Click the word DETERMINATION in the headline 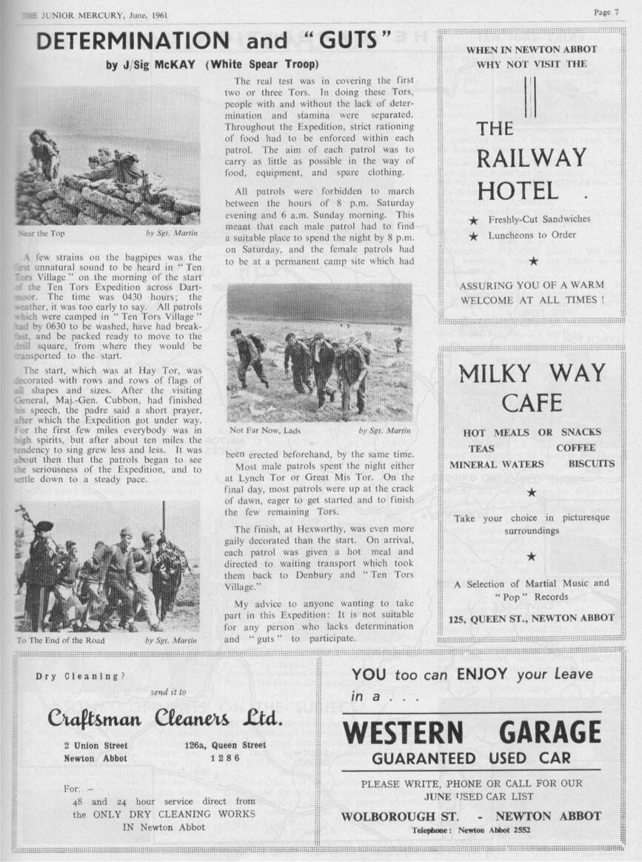click(134, 41)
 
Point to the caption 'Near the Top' click(41, 233)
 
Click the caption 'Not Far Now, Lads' click(265, 430)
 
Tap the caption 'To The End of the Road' click(61, 640)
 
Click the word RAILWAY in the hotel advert click(531, 158)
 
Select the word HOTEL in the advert click(518, 191)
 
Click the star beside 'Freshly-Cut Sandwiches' click(473, 220)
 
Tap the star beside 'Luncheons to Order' click(473, 235)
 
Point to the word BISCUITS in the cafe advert click(591, 464)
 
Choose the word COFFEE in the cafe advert click(575, 448)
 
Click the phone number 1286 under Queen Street click(224, 758)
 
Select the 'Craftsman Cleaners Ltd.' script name click(165, 719)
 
